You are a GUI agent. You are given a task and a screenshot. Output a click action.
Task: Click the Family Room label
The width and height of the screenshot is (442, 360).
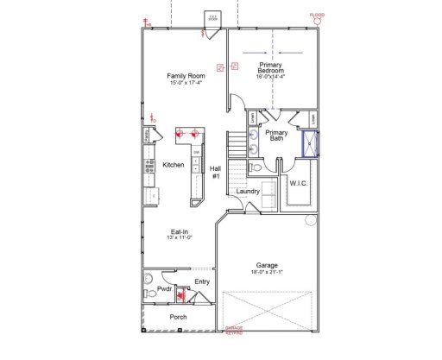click(x=186, y=76)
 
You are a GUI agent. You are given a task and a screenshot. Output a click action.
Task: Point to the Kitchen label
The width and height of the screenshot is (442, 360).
click(x=174, y=164)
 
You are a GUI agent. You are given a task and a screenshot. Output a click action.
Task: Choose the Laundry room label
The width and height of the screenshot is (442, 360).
click(x=249, y=191)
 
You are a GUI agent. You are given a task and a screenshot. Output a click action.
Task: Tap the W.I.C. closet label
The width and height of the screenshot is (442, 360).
click(x=300, y=183)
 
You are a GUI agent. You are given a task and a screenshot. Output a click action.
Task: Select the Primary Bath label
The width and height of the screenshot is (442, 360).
click(x=276, y=136)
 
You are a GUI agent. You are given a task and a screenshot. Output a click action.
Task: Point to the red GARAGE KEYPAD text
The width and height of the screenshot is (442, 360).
click(x=233, y=329)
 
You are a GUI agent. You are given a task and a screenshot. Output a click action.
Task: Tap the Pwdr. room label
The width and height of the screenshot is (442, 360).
click(x=165, y=290)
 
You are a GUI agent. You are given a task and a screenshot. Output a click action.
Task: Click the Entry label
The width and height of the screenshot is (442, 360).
click(x=202, y=281)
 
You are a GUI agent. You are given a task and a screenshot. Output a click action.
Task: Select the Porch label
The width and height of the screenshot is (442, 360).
click(x=179, y=316)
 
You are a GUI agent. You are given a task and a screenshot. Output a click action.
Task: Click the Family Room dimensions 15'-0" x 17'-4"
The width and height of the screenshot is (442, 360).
click(x=186, y=84)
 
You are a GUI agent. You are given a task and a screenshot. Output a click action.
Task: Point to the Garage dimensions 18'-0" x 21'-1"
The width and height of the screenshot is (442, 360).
click(x=266, y=273)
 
